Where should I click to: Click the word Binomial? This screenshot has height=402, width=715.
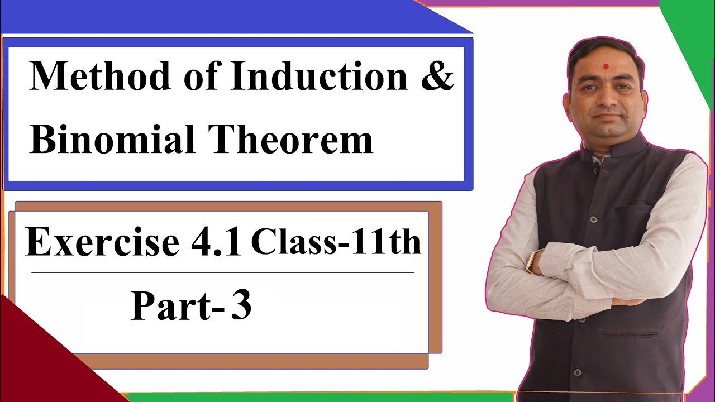pyautogui.click(x=112, y=139)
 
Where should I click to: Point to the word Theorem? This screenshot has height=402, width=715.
pyautogui.click(x=290, y=139)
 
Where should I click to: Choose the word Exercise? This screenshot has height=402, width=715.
pyautogui.click(x=102, y=241)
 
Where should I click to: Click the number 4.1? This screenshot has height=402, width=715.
pyautogui.click(x=216, y=241)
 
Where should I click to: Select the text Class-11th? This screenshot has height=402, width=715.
pyautogui.click(x=336, y=242)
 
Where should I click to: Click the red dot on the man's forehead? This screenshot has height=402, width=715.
pyautogui.click(x=606, y=66)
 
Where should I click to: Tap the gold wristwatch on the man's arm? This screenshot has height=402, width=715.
pyautogui.click(x=531, y=261)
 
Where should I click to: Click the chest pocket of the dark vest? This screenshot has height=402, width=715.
pyautogui.click(x=633, y=209)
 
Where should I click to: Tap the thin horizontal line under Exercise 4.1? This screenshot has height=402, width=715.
pyautogui.click(x=223, y=273)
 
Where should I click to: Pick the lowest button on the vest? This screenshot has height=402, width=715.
pyautogui.click(x=577, y=372)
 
